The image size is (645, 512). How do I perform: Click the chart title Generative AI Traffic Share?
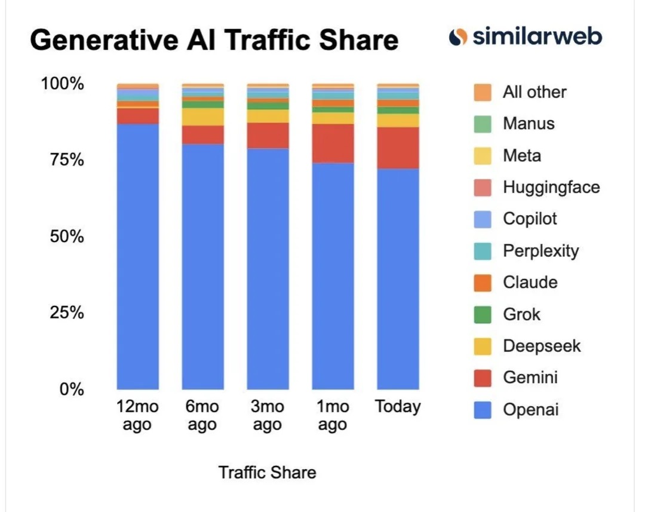[x=214, y=41]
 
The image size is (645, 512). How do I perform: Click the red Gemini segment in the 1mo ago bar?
[x=333, y=143]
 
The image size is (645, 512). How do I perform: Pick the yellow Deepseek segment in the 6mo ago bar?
[x=202, y=116]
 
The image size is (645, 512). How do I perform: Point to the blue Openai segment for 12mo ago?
[x=137, y=257]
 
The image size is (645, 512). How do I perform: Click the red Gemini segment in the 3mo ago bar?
[x=268, y=136]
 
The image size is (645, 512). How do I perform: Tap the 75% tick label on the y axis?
[x=62, y=160]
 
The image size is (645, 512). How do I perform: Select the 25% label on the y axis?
[x=62, y=312]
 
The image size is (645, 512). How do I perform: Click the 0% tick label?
[x=70, y=389]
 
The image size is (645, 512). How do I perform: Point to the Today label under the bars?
[x=398, y=407]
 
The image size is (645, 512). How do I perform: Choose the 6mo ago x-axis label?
[x=202, y=416]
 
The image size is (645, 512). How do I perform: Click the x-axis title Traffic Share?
[x=267, y=473]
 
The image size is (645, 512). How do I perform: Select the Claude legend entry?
[x=530, y=282]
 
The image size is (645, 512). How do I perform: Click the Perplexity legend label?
[x=540, y=250]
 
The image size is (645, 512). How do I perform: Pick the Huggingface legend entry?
[x=551, y=187]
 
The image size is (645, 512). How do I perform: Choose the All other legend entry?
[x=534, y=92]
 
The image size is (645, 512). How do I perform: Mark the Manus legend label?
[x=529, y=124]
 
